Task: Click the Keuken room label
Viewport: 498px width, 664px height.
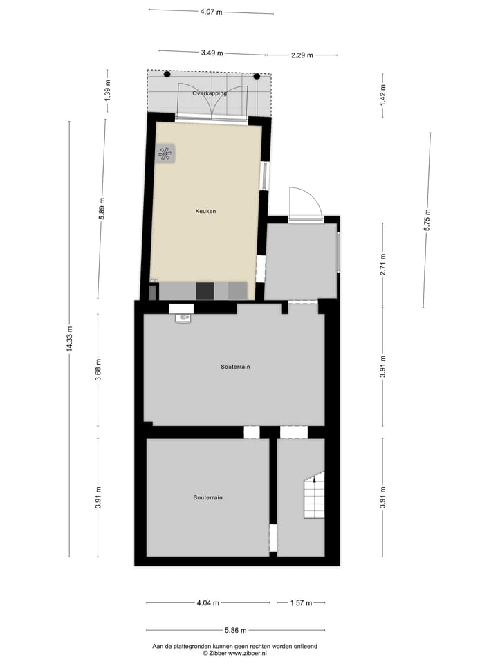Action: pyautogui.click(x=205, y=211)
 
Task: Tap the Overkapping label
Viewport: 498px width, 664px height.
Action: pyautogui.click(x=210, y=93)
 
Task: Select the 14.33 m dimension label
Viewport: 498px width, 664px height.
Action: pyautogui.click(x=69, y=339)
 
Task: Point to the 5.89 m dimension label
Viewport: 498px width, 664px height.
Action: pyautogui.click(x=101, y=207)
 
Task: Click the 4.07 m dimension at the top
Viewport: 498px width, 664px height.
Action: pyautogui.click(x=211, y=12)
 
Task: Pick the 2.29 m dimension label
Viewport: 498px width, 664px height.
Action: pyautogui.click(x=302, y=55)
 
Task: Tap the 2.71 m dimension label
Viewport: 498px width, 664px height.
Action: pyautogui.click(x=382, y=264)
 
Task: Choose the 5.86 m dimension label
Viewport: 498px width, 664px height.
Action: pyautogui.click(x=235, y=630)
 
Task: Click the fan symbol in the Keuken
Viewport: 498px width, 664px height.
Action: pyautogui.click(x=165, y=154)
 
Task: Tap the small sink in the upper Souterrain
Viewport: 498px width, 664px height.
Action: pyautogui.click(x=183, y=318)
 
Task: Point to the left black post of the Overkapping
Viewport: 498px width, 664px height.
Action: pyautogui.click(x=167, y=74)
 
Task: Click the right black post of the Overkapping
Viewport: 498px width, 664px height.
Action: pyautogui.click(x=257, y=76)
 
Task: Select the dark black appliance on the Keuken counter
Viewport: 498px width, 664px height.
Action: pyautogui.click(x=205, y=291)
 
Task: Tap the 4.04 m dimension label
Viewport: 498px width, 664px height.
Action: pyautogui.click(x=207, y=603)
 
